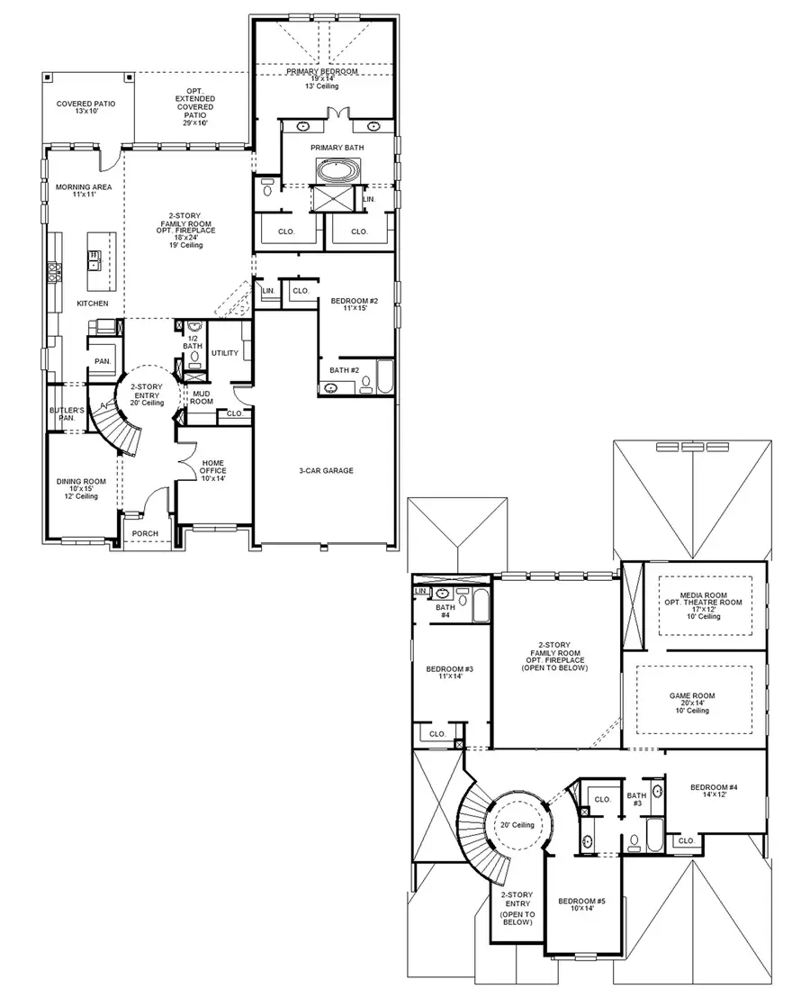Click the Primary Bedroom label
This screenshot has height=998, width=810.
tap(322, 71)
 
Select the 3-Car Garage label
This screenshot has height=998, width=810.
tap(326, 470)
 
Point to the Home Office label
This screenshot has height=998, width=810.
tap(213, 470)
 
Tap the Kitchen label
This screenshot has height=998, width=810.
tap(92, 304)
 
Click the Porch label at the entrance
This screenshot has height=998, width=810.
tap(145, 533)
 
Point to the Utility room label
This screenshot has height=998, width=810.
tap(225, 352)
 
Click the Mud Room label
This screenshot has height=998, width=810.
tap(202, 397)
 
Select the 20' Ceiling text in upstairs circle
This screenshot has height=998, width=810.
tap(517, 825)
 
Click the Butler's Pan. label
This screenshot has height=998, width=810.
tap(67, 413)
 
